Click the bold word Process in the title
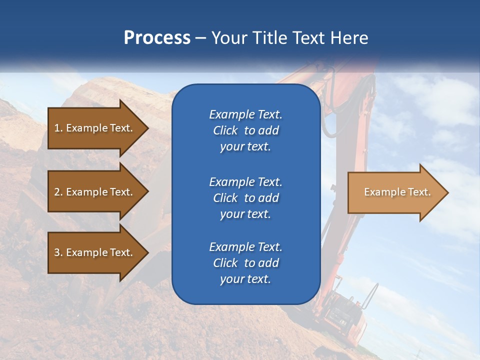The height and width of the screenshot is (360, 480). (157, 38)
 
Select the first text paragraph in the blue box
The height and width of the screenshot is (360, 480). (245, 130)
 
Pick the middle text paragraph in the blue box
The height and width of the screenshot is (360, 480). (245, 198)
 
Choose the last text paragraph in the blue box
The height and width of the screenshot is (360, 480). (245, 263)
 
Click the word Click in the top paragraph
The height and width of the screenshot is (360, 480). (225, 130)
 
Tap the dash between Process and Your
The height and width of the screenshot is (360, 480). (201, 38)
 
